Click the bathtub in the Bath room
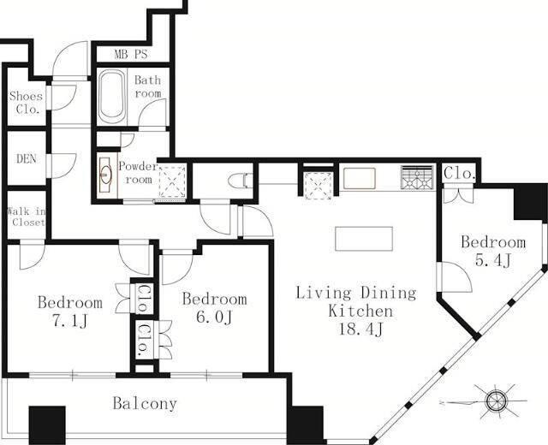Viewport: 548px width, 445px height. pyautogui.click(x=112, y=97)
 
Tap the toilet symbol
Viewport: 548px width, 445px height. pyautogui.click(x=240, y=181)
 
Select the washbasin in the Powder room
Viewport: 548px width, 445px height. pyautogui.click(x=105, y=174)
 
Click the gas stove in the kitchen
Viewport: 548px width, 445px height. pyautogui.click(x=417, y=177)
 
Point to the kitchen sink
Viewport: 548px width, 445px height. pyautogui.click(x=360, y=178)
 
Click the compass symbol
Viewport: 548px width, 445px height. pyautogui.click(x=496, y=400)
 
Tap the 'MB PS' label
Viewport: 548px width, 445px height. pyautogui.click(x=131, y=54)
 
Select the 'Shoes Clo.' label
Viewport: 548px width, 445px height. pyautogui.click(x=26, y=103)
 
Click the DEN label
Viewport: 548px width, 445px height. pyautogui.click(x=27, y=159)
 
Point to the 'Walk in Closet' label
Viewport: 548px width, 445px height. pyautogui.click(x=27, y=217)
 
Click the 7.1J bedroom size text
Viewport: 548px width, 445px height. pyautogui.click(x=69, y=322)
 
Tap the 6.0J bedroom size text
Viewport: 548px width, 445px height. pyautogui.click(x=214, y=317)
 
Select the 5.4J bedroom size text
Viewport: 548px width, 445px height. pyautogui.click(x=493, y=260)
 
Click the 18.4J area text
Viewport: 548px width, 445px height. pyautogui.click(x=361, y=329)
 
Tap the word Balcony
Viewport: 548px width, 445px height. pyautogui.click(x=145, y=404)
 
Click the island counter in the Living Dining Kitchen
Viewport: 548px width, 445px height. pyautogui.click(x=364, y=239)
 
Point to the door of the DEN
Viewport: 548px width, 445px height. pyautogui.click(x=63, y=166)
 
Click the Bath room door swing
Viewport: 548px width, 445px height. pyautogui.click(x=152, y=112)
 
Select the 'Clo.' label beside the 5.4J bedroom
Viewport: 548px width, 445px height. pyautogui.click(x=459, y=173)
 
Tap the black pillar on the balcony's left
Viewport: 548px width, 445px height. pyautogui.click(x=47, y=424)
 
